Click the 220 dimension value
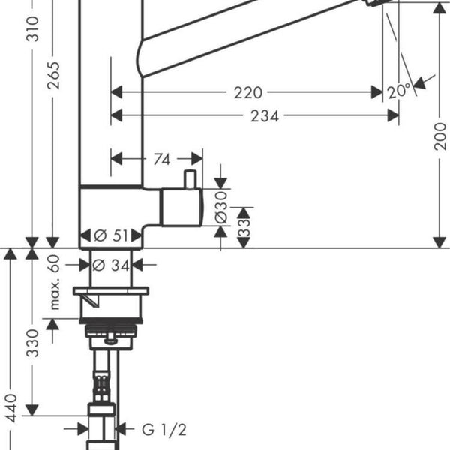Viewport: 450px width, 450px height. (x=248, y=92)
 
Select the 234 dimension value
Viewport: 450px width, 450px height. (x=265, y=116)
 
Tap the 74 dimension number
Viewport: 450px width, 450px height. (x=162, y=159)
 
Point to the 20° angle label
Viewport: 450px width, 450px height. (x=399, y=91)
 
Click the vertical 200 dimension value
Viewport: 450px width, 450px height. (x=440, y=136)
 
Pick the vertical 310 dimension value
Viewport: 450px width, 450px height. (x=32, y=28)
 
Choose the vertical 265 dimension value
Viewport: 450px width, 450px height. (x=53, y=75)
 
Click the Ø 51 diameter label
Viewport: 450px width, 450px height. (x=111, y=235)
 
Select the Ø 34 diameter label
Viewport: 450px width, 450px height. (x=111, y=265)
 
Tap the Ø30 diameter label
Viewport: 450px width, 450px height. (x=221, y=208)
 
